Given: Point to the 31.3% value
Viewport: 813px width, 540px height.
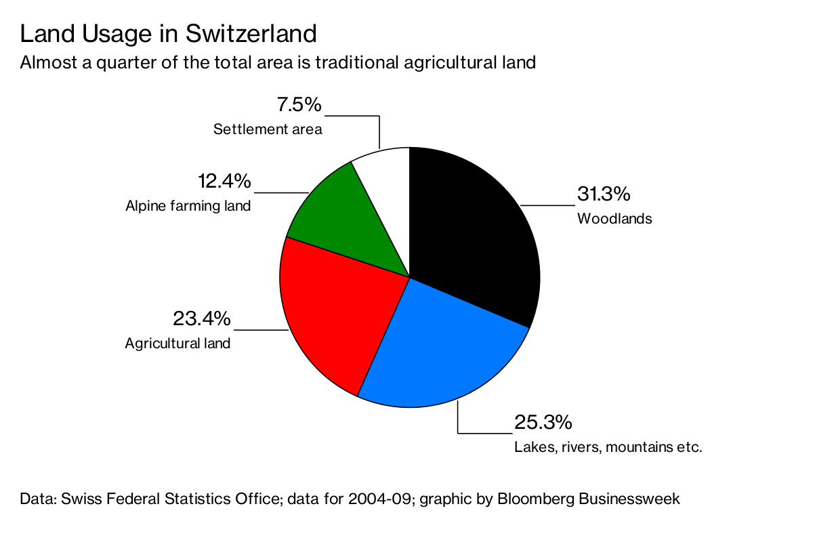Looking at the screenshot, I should (603, 194).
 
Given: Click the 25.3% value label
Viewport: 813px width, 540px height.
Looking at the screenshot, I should (543, 423).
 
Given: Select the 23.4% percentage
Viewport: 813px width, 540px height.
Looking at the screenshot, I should (202, 318).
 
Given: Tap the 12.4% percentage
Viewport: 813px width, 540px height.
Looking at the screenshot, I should (224, 182).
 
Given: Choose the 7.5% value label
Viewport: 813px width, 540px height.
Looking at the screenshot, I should (299, 105).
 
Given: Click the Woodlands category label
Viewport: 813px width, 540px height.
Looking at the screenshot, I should (614, 219).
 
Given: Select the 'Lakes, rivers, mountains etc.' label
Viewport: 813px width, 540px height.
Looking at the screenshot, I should (608, 447).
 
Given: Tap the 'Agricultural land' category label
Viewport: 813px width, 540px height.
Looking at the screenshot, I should (178, 344).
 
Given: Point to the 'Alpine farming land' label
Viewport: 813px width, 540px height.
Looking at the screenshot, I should (188, 206).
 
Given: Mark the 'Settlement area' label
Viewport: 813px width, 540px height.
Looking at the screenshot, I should (268, 129).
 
